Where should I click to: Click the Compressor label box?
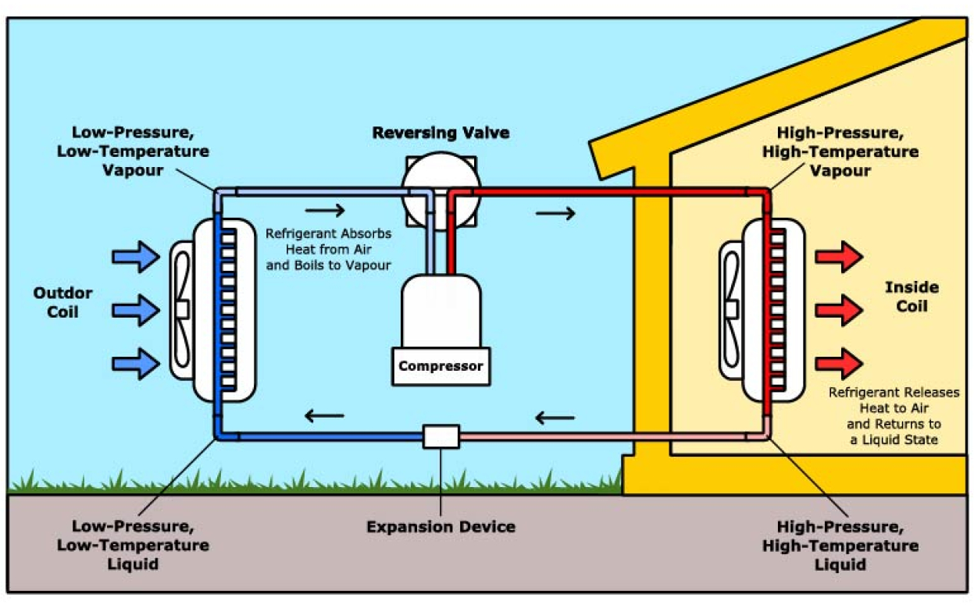click(x=441, y=366)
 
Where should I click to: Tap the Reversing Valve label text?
click(x=441, y=133)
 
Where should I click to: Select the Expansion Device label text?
click(x=441, y=527)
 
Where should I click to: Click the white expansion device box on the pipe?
click(x=441, y=436)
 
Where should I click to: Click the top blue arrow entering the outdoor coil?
click(x=136, y=257)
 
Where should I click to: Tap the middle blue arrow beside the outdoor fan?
click(x=136, y=311)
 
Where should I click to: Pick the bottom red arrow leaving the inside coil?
click(x=839, y=364)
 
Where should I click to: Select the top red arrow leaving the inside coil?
click(x=839, y=257)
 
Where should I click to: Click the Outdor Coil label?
click(x=62, y=303)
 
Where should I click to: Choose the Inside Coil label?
click(x=912, y=297)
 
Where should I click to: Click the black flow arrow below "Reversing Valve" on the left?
click(x=325, y=211)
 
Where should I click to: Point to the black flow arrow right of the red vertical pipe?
click(x=555, y=213)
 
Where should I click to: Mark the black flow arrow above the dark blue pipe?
click(x=324, y=415)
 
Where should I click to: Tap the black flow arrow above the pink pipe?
click(x=555, y=418)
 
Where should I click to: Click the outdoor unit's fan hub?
click(x=182, y=309)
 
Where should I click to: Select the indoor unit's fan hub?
click(x=731, y=309)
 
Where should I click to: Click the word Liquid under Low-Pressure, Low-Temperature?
click(x=133, y=564)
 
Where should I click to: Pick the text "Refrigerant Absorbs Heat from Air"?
click(x=328, y=242)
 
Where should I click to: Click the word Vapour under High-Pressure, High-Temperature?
click(x=840, y=171)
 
